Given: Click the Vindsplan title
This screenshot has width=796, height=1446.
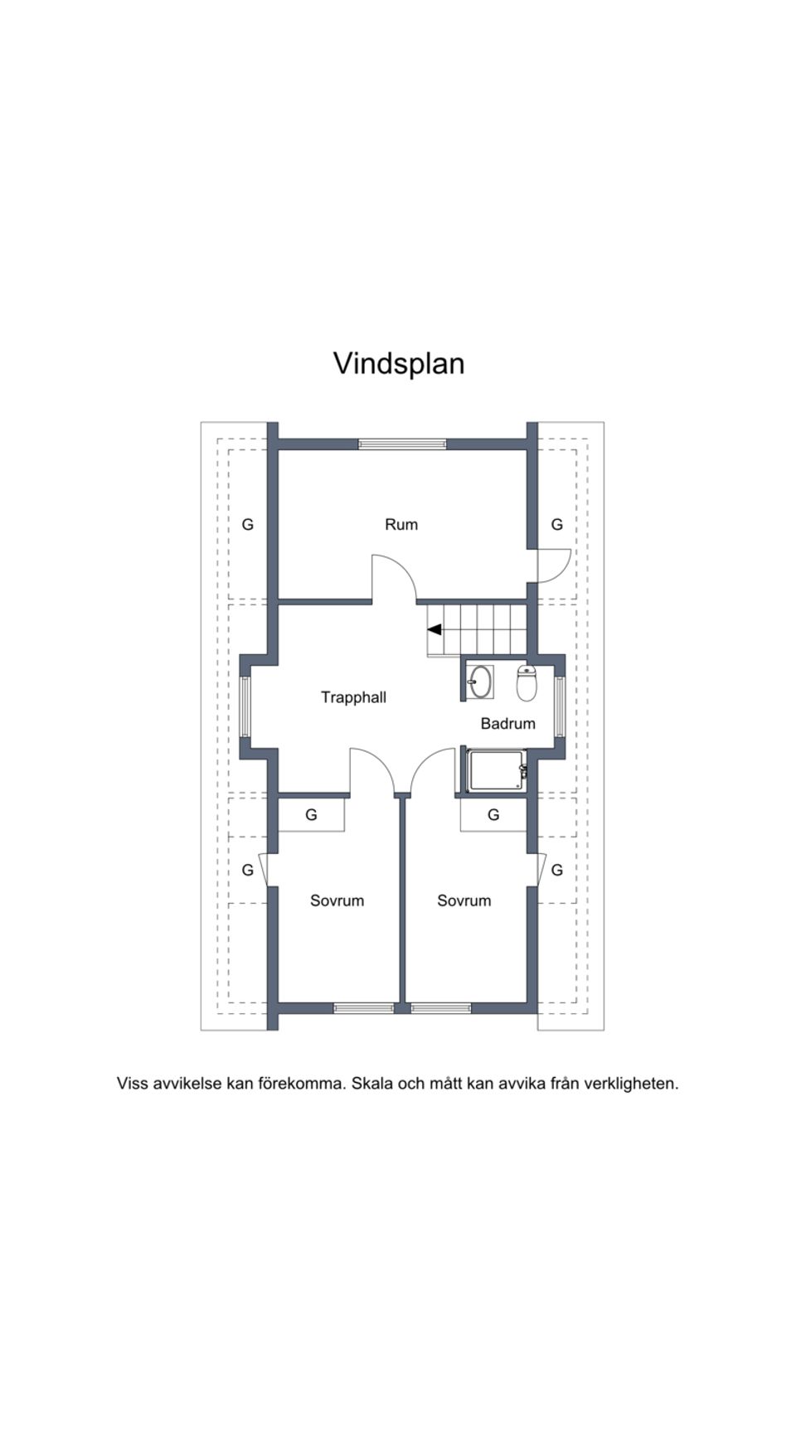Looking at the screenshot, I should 399,363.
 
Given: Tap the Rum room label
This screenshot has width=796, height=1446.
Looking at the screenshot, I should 401,524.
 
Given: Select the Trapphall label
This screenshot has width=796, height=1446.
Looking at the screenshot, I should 353,697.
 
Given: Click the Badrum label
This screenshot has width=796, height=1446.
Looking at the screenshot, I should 507,723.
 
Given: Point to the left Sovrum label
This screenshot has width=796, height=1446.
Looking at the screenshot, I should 337,900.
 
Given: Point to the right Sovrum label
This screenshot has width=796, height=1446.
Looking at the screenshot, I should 464,900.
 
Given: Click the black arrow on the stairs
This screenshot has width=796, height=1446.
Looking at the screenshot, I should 434,629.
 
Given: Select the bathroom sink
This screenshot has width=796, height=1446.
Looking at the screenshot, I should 479,682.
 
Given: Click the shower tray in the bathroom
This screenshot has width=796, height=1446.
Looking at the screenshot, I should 496,771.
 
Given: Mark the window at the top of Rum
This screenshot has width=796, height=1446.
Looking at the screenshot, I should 402,444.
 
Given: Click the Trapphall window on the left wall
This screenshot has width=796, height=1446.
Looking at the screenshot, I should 245,707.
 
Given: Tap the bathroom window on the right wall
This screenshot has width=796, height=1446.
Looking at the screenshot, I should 560,707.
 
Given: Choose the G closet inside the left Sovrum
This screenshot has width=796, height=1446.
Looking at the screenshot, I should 311,815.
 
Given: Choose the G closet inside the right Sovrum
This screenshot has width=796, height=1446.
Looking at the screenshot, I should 493,815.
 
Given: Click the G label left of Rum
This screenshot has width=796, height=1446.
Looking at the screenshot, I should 247,524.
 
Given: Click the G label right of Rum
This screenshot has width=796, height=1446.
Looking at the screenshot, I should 557,524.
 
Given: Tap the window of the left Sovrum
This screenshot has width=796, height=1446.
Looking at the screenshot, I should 363,1008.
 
